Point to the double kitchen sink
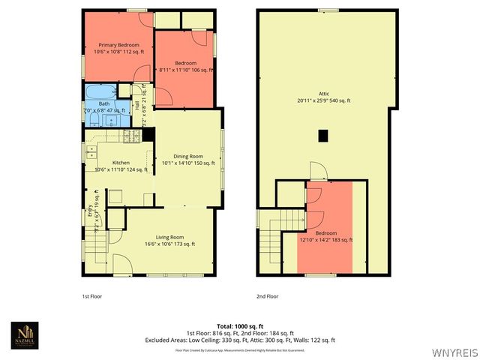pos(91,152)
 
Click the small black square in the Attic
pos(322,136)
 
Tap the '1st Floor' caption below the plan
pos(91,296)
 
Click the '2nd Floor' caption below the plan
pos(266,296)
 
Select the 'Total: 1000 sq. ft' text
pos(239,325)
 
